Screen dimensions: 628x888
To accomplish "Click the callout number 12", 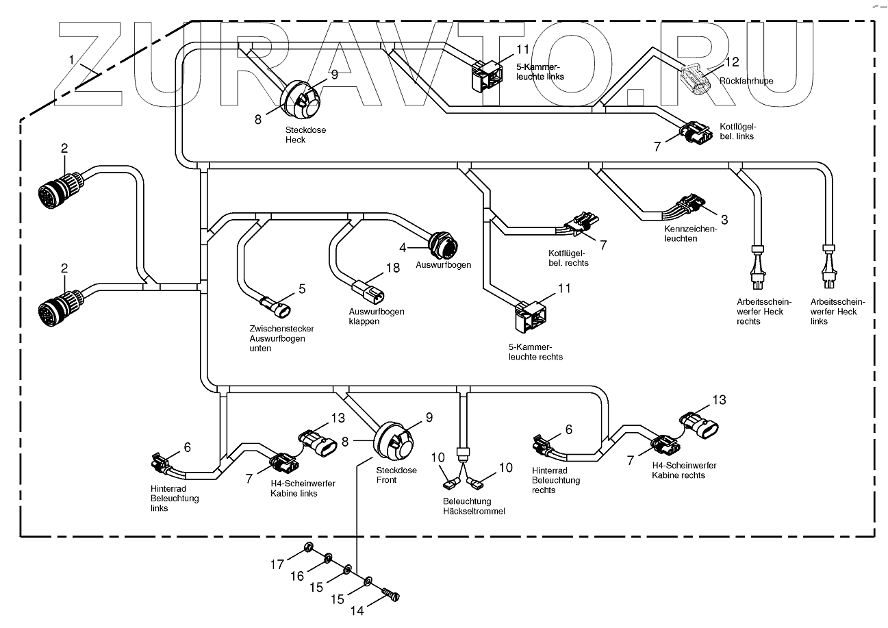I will tap(731, 62).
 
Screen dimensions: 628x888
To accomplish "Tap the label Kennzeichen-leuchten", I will tap(689, 234).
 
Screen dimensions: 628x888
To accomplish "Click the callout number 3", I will tap(724, 219).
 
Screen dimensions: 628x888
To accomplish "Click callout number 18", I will tap(392, 268).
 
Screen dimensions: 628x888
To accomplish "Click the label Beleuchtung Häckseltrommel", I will tap(473, 506).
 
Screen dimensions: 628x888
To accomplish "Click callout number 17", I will tap(277, 565).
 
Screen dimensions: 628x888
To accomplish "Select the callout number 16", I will tap(296, 577).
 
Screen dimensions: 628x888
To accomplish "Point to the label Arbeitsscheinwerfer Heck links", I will tap(837, 312).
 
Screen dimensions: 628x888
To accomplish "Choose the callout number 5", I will tap(301, 288).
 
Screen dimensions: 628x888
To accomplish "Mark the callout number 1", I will tap(71, 60).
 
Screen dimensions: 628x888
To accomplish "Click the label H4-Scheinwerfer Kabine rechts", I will tap(678, 470).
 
